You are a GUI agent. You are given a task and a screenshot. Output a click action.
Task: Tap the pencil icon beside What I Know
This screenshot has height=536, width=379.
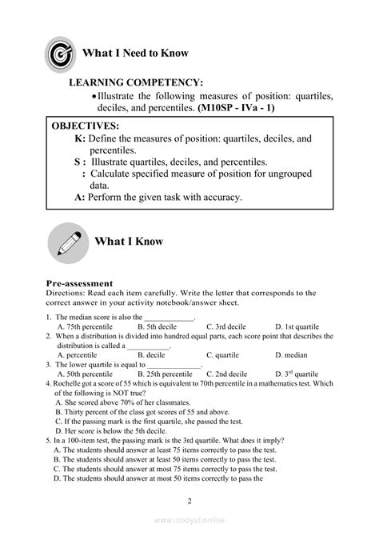point(69,242)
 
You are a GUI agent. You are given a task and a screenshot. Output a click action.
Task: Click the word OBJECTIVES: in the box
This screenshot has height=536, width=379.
point(86,126)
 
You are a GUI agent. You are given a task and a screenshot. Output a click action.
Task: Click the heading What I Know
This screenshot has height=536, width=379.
point(129,241)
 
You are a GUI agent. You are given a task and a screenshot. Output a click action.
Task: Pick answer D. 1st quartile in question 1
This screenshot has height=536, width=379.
point(297,326)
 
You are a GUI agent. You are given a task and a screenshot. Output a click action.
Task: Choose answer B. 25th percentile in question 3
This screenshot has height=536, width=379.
point(165,373)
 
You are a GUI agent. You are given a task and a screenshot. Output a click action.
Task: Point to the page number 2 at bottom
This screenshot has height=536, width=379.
point(189,501)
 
